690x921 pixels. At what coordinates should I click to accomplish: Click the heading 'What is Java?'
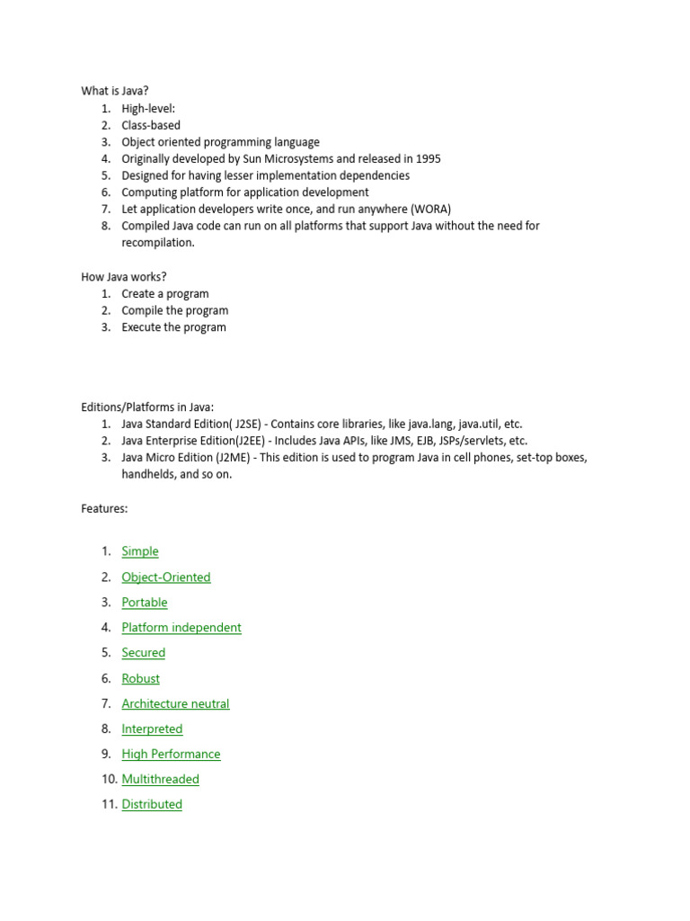point(115,91)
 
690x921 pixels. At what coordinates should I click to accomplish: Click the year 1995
point(426,158)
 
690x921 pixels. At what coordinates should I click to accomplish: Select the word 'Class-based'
point(151,125)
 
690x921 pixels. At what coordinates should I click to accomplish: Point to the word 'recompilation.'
point(158,243)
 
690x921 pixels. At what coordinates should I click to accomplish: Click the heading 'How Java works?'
point(124,276)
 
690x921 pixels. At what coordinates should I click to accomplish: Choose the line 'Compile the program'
point(175,310)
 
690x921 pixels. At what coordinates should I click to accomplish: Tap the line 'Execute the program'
point(174,327)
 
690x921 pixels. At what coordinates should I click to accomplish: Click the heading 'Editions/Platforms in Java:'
point(147,407)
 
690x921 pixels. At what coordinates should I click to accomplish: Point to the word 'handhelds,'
point(148,474)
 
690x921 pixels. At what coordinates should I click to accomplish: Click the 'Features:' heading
point(104,509)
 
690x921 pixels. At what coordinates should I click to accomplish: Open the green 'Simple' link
point(140,551)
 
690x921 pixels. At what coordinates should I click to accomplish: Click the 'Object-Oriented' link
point(166,577)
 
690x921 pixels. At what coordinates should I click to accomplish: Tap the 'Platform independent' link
point(181,628)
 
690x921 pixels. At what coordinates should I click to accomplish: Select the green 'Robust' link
point(141,679)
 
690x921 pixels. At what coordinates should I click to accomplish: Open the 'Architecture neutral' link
point(176,704)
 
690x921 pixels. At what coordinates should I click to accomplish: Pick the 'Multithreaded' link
point(161,780)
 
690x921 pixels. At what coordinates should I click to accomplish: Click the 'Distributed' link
point(152,805)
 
